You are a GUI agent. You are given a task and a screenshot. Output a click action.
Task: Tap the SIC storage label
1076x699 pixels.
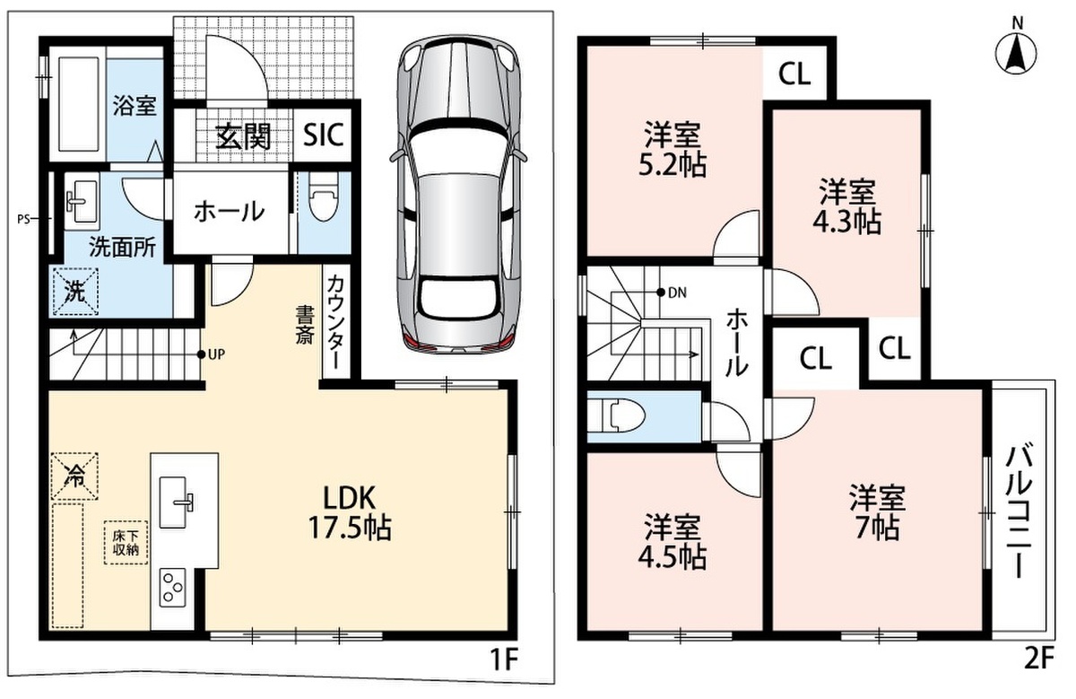pyautogui.click(x=324, y=134)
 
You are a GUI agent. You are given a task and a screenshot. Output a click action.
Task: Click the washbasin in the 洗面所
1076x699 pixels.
pyautogui.click(x=82, y=202)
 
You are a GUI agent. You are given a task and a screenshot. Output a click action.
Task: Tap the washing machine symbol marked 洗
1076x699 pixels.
pyautogui.click(x=75, y=292)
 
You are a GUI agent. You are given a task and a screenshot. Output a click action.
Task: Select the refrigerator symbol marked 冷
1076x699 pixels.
pyautogui.click(x=75, y=476)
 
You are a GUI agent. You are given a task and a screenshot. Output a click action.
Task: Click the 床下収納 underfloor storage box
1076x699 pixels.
pyautogui.click(x=126, y=543)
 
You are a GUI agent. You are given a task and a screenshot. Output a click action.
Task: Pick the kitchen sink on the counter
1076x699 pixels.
pyautogui.click(x=173, y=502)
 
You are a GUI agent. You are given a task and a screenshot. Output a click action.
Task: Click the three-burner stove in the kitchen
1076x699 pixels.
pyautogui.click(x=172, y=588)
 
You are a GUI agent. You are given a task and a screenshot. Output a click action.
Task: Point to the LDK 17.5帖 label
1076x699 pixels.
pyautogui.click(x=349, y=512)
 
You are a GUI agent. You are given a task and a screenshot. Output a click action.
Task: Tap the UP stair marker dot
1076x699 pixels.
pyautogui.click(x=201, y=354)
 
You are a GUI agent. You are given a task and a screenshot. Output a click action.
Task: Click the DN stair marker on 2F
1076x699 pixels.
pyautogui.click(x=661, y=292)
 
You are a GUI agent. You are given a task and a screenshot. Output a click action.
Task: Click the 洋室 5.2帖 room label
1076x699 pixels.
pyautogui.click(x=672, y=150)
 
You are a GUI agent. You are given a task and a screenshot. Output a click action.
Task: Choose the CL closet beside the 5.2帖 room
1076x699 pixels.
pyautogui.click(x=794, y=74)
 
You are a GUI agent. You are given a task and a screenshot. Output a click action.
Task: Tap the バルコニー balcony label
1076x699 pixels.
pyautogui.click(x=1020, y=511)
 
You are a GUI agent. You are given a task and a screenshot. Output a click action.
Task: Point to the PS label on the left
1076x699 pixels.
pyautogui.click(x=23, y=219)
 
